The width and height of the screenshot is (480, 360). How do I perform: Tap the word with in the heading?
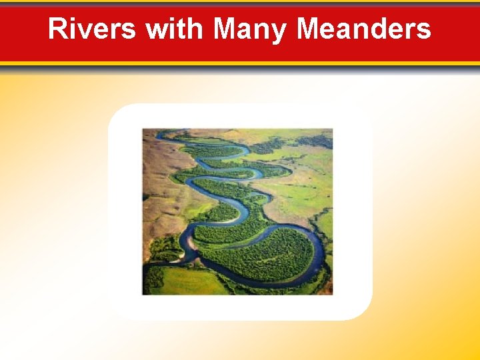pos(173,29)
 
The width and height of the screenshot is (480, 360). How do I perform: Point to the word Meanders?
pos(363,29)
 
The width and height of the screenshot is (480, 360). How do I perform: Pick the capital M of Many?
pos(225,29)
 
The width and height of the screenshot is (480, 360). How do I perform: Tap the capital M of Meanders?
pos(309,29)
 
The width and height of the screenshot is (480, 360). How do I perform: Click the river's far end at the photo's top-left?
pos(160,136)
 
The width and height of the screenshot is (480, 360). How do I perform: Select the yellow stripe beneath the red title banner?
pos(240,63)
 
